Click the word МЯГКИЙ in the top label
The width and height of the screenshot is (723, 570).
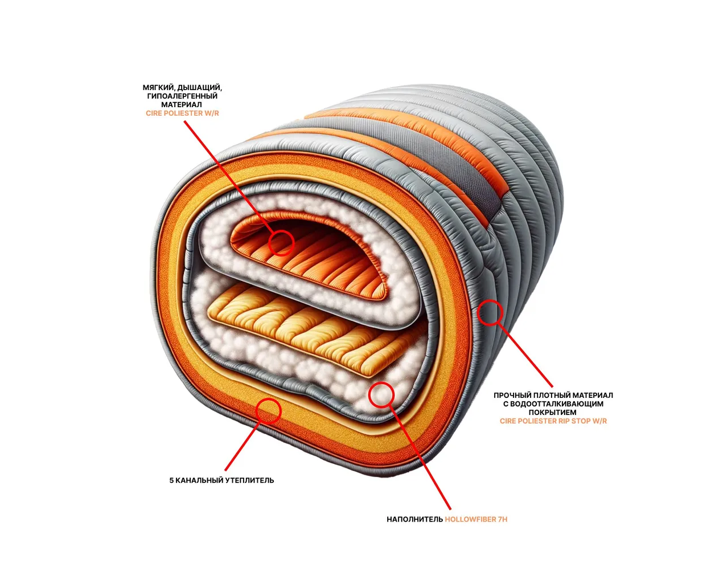click(158, 88)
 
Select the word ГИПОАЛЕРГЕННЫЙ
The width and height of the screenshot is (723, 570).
click(182, 96)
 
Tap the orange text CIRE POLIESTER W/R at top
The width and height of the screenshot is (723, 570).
click(182, 113)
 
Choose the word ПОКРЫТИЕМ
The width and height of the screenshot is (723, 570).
click(553, 413)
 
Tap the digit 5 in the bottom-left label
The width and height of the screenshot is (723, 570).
click(171, 481)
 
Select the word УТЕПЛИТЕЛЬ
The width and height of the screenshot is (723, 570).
click(249, 481)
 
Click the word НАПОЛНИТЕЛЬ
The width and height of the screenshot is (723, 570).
click(414, 519)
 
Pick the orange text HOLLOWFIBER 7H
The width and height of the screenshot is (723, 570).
click(476, 519)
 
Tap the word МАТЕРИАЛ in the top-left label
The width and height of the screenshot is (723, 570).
click(182, 105)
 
